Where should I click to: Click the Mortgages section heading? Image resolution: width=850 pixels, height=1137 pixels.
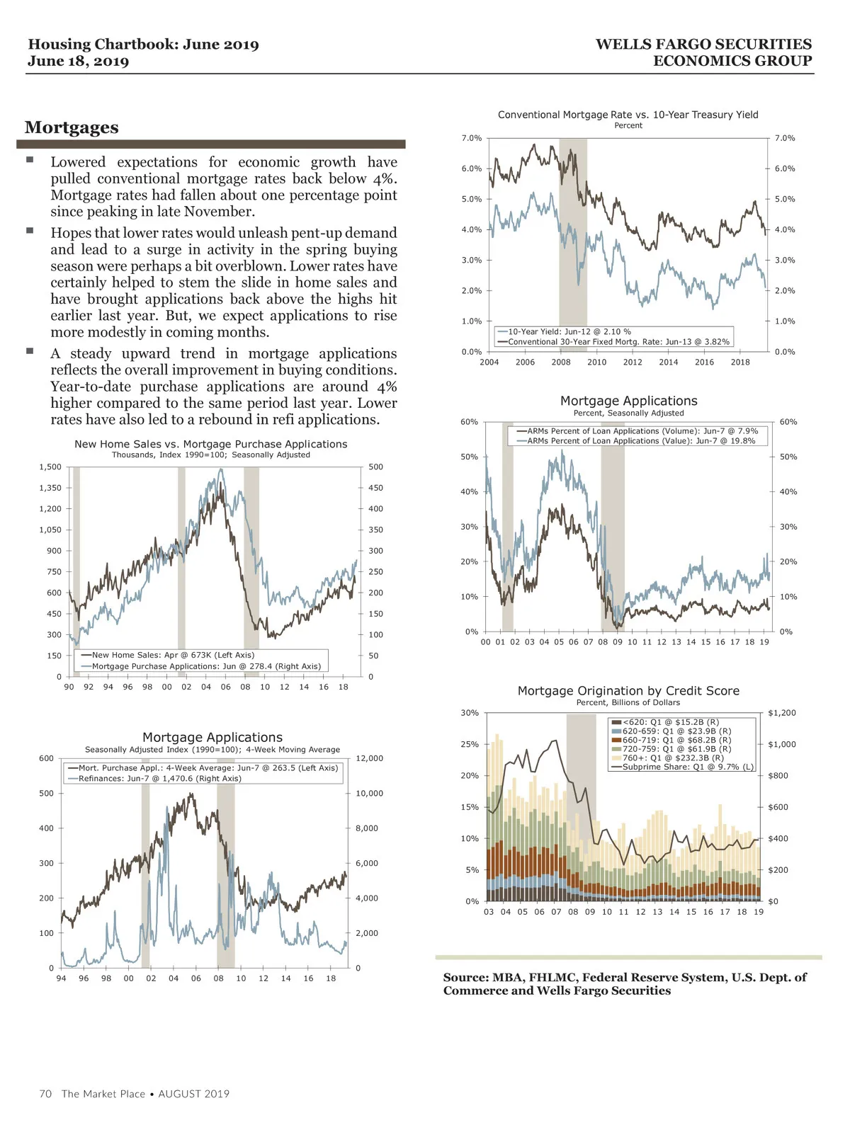coord(72,127)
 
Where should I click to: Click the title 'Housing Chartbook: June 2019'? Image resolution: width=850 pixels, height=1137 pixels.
coord(143,45)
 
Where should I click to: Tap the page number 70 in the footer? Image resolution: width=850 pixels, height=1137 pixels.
coord(45,1094)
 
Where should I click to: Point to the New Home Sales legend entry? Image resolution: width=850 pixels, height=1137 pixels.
coord(173,655)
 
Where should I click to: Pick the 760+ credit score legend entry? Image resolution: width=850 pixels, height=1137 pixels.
coord(672,758)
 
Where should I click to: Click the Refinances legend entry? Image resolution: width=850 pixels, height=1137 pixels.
coord(159,778)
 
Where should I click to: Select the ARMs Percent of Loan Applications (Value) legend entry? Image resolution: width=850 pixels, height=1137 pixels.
coord(640,440)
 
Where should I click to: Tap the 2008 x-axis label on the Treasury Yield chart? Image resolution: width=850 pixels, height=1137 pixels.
coord(561,362)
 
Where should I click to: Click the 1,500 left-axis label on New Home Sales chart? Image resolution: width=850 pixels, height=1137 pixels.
coord(50,467)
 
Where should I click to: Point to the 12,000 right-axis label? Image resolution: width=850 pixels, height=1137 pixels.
coord(369,758)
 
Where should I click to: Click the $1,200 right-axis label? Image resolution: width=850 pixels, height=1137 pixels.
coord(781,713)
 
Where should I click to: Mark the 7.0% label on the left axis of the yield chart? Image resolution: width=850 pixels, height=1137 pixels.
coord(472,138)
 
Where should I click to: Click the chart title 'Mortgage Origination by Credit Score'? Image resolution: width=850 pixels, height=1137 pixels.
coord(628,691)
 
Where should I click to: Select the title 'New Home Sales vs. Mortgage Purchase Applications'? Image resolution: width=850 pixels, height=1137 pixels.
coord(211,444)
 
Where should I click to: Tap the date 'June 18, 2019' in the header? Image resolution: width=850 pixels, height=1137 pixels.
coord(79,62)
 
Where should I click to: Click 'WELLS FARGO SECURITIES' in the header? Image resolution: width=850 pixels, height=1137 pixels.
coord(703,45)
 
